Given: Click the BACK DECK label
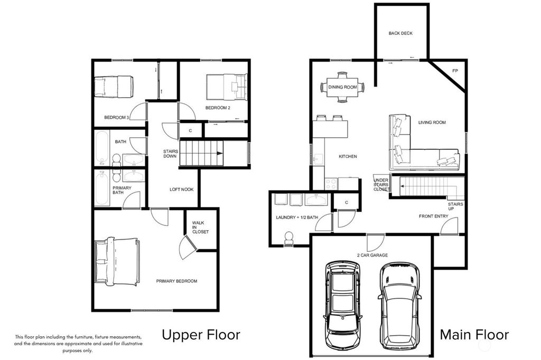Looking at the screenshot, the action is pos(400,33).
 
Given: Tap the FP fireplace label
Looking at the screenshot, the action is pos(455,71).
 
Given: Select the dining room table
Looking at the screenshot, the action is pos(342,87).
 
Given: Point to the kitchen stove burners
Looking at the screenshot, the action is pos(331,184).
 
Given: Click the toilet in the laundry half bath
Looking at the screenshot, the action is pos(288,238).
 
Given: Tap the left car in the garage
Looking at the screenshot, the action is pos(342,305).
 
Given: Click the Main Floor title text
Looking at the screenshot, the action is pos(474,335).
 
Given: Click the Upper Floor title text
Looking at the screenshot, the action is pos(201,335).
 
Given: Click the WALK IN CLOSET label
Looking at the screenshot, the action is pos(200,227).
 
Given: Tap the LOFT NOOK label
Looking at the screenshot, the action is pos(182,190).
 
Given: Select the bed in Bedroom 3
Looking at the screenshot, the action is pos(114,86).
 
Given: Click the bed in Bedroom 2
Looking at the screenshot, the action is pos(227,86).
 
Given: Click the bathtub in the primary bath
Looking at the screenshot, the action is pos(102,188).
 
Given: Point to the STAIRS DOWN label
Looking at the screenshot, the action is pos(171,154).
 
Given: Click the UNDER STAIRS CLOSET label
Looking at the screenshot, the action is pos(381,184).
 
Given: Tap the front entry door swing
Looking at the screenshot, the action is pos(449,226).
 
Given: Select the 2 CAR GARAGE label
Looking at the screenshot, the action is pos(372,255).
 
